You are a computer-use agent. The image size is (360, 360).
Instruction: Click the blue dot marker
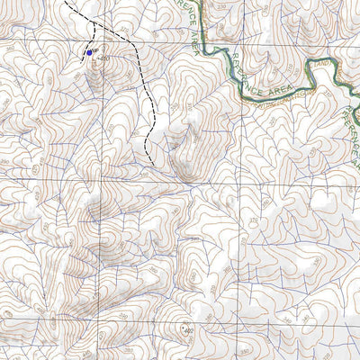tap(88, 53)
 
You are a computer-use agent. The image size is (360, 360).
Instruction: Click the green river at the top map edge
tap(202, 3)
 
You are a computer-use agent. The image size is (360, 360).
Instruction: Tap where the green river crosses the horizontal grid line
tap(208, 42)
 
